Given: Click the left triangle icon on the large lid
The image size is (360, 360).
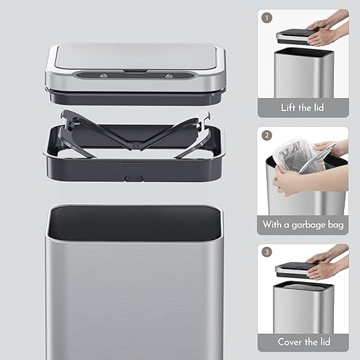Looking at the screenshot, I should pos(104,76).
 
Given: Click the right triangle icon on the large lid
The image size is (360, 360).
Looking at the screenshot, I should pos(168,76).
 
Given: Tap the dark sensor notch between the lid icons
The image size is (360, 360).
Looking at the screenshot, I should pos(136,72).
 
